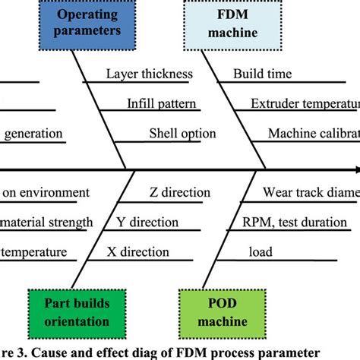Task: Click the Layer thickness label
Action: tap(149, 74)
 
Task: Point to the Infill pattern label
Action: tap(162, 104)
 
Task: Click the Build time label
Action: tap(262, 74)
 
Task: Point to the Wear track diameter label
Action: tap(311, 193)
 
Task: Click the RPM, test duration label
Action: tap(295, 223)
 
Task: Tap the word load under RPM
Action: tap(261, 252)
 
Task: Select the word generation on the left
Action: tap(34, 134)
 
